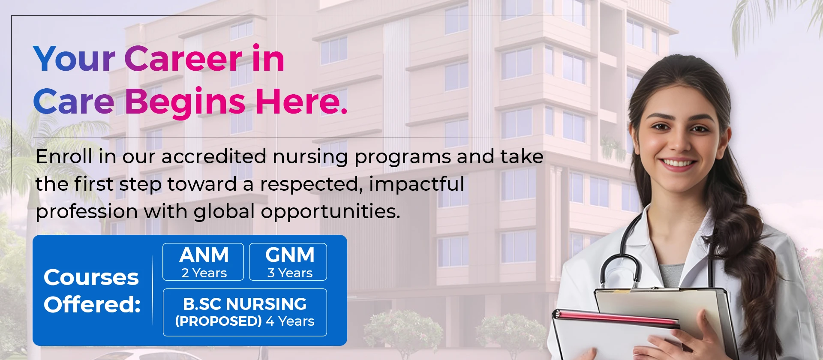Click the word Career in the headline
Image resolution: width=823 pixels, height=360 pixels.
(x=183, y=59)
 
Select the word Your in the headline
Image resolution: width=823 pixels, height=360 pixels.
(x=74, y=59)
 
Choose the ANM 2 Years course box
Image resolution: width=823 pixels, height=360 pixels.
(x=203, y=262)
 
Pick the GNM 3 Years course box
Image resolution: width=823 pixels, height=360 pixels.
(x=288, y=262)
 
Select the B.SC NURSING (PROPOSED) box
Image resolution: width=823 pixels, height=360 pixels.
(x=245, y=312)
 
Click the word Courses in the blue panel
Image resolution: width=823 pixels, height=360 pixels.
(x=91, y=277)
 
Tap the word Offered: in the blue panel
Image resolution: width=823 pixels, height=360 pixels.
(x=92, y=305)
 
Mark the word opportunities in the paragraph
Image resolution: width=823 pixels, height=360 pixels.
(x=330, y=212)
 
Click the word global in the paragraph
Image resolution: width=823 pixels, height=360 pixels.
(x=225, y=212)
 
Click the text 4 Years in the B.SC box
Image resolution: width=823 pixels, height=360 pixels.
(x=290, y=321)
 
